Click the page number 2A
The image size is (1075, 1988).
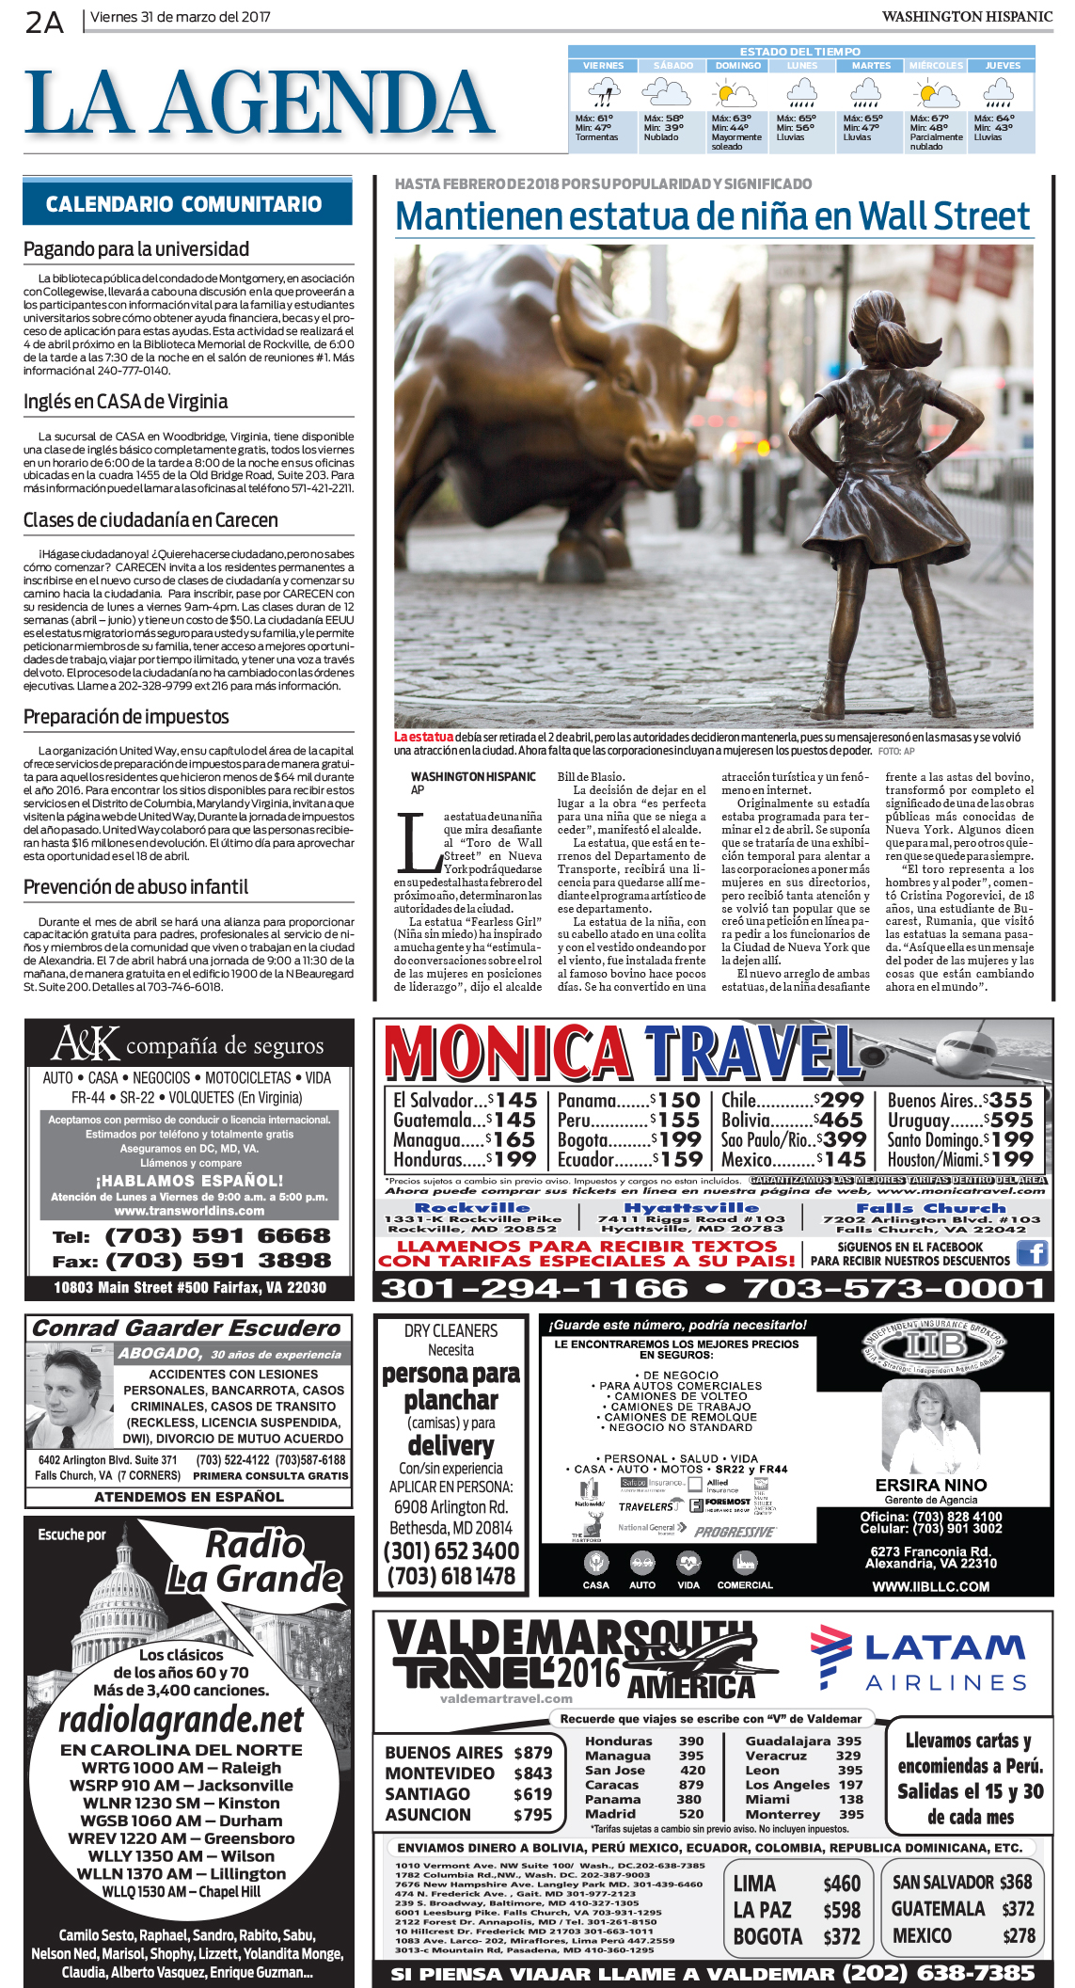coord(44,21)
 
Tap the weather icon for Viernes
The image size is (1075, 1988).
coord(602,93)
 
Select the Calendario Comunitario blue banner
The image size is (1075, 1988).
coord(187,203)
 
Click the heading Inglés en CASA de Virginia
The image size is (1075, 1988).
coord(125,402)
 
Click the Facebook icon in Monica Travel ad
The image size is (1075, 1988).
coord(1033,1252)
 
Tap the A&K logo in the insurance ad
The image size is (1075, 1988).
coord(85,1044)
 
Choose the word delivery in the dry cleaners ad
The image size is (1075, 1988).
coord(451,1445)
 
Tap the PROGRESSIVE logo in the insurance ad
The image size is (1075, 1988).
coord(735,1532)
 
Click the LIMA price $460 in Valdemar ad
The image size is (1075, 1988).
coord(842,1884)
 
